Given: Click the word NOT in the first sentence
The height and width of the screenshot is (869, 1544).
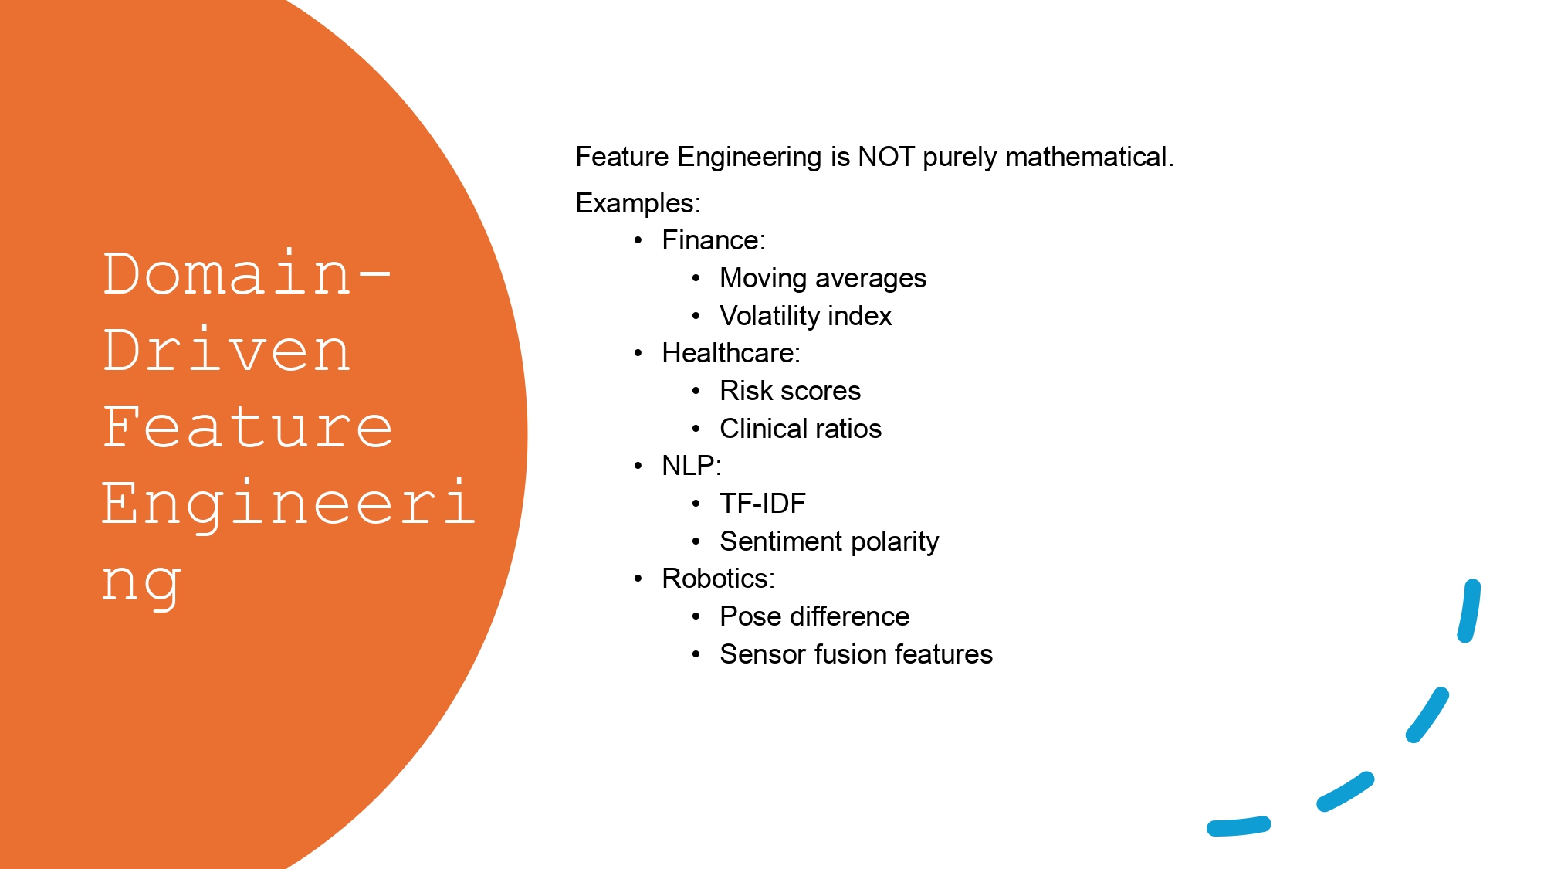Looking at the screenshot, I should tap(886, 157).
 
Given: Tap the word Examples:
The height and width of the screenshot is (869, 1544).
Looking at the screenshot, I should tap(638, 203).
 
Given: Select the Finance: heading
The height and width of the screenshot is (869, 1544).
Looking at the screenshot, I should tap(713, 240).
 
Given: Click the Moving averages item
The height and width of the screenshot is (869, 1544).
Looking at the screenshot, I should tap(822, 278).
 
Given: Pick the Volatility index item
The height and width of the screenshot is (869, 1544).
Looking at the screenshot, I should tap(805, 316).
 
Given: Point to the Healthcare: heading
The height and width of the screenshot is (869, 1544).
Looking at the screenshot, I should tap(730, 353).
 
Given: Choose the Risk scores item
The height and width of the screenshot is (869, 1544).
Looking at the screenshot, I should tap(790, 391).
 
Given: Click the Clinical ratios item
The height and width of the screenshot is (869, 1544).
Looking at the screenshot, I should tap(800, 429).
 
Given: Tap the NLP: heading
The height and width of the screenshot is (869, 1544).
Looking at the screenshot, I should tap(691, 466).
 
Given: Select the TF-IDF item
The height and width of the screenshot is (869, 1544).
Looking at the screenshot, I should tap(762, 504).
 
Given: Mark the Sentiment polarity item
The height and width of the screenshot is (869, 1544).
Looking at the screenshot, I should tap(828, 541).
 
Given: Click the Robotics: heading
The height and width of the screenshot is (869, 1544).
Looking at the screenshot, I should tap(718, 579).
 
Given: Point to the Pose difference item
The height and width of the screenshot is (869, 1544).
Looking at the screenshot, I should tap(814, 616).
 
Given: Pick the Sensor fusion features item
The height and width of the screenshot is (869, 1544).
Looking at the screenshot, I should tap(855, 654).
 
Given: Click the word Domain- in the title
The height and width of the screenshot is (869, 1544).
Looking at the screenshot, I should tap(247, 274).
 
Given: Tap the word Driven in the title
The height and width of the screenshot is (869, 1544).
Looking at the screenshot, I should tap(227, 351).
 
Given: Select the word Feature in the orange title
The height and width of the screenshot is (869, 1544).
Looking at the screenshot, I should tap(248, 427).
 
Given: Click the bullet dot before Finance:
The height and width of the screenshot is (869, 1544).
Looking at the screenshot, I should tap(638, 241).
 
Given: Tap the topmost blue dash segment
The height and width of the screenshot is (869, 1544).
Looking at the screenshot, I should tap(1469, 610).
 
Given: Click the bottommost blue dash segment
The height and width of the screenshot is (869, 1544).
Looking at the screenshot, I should tap(1238, 827).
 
